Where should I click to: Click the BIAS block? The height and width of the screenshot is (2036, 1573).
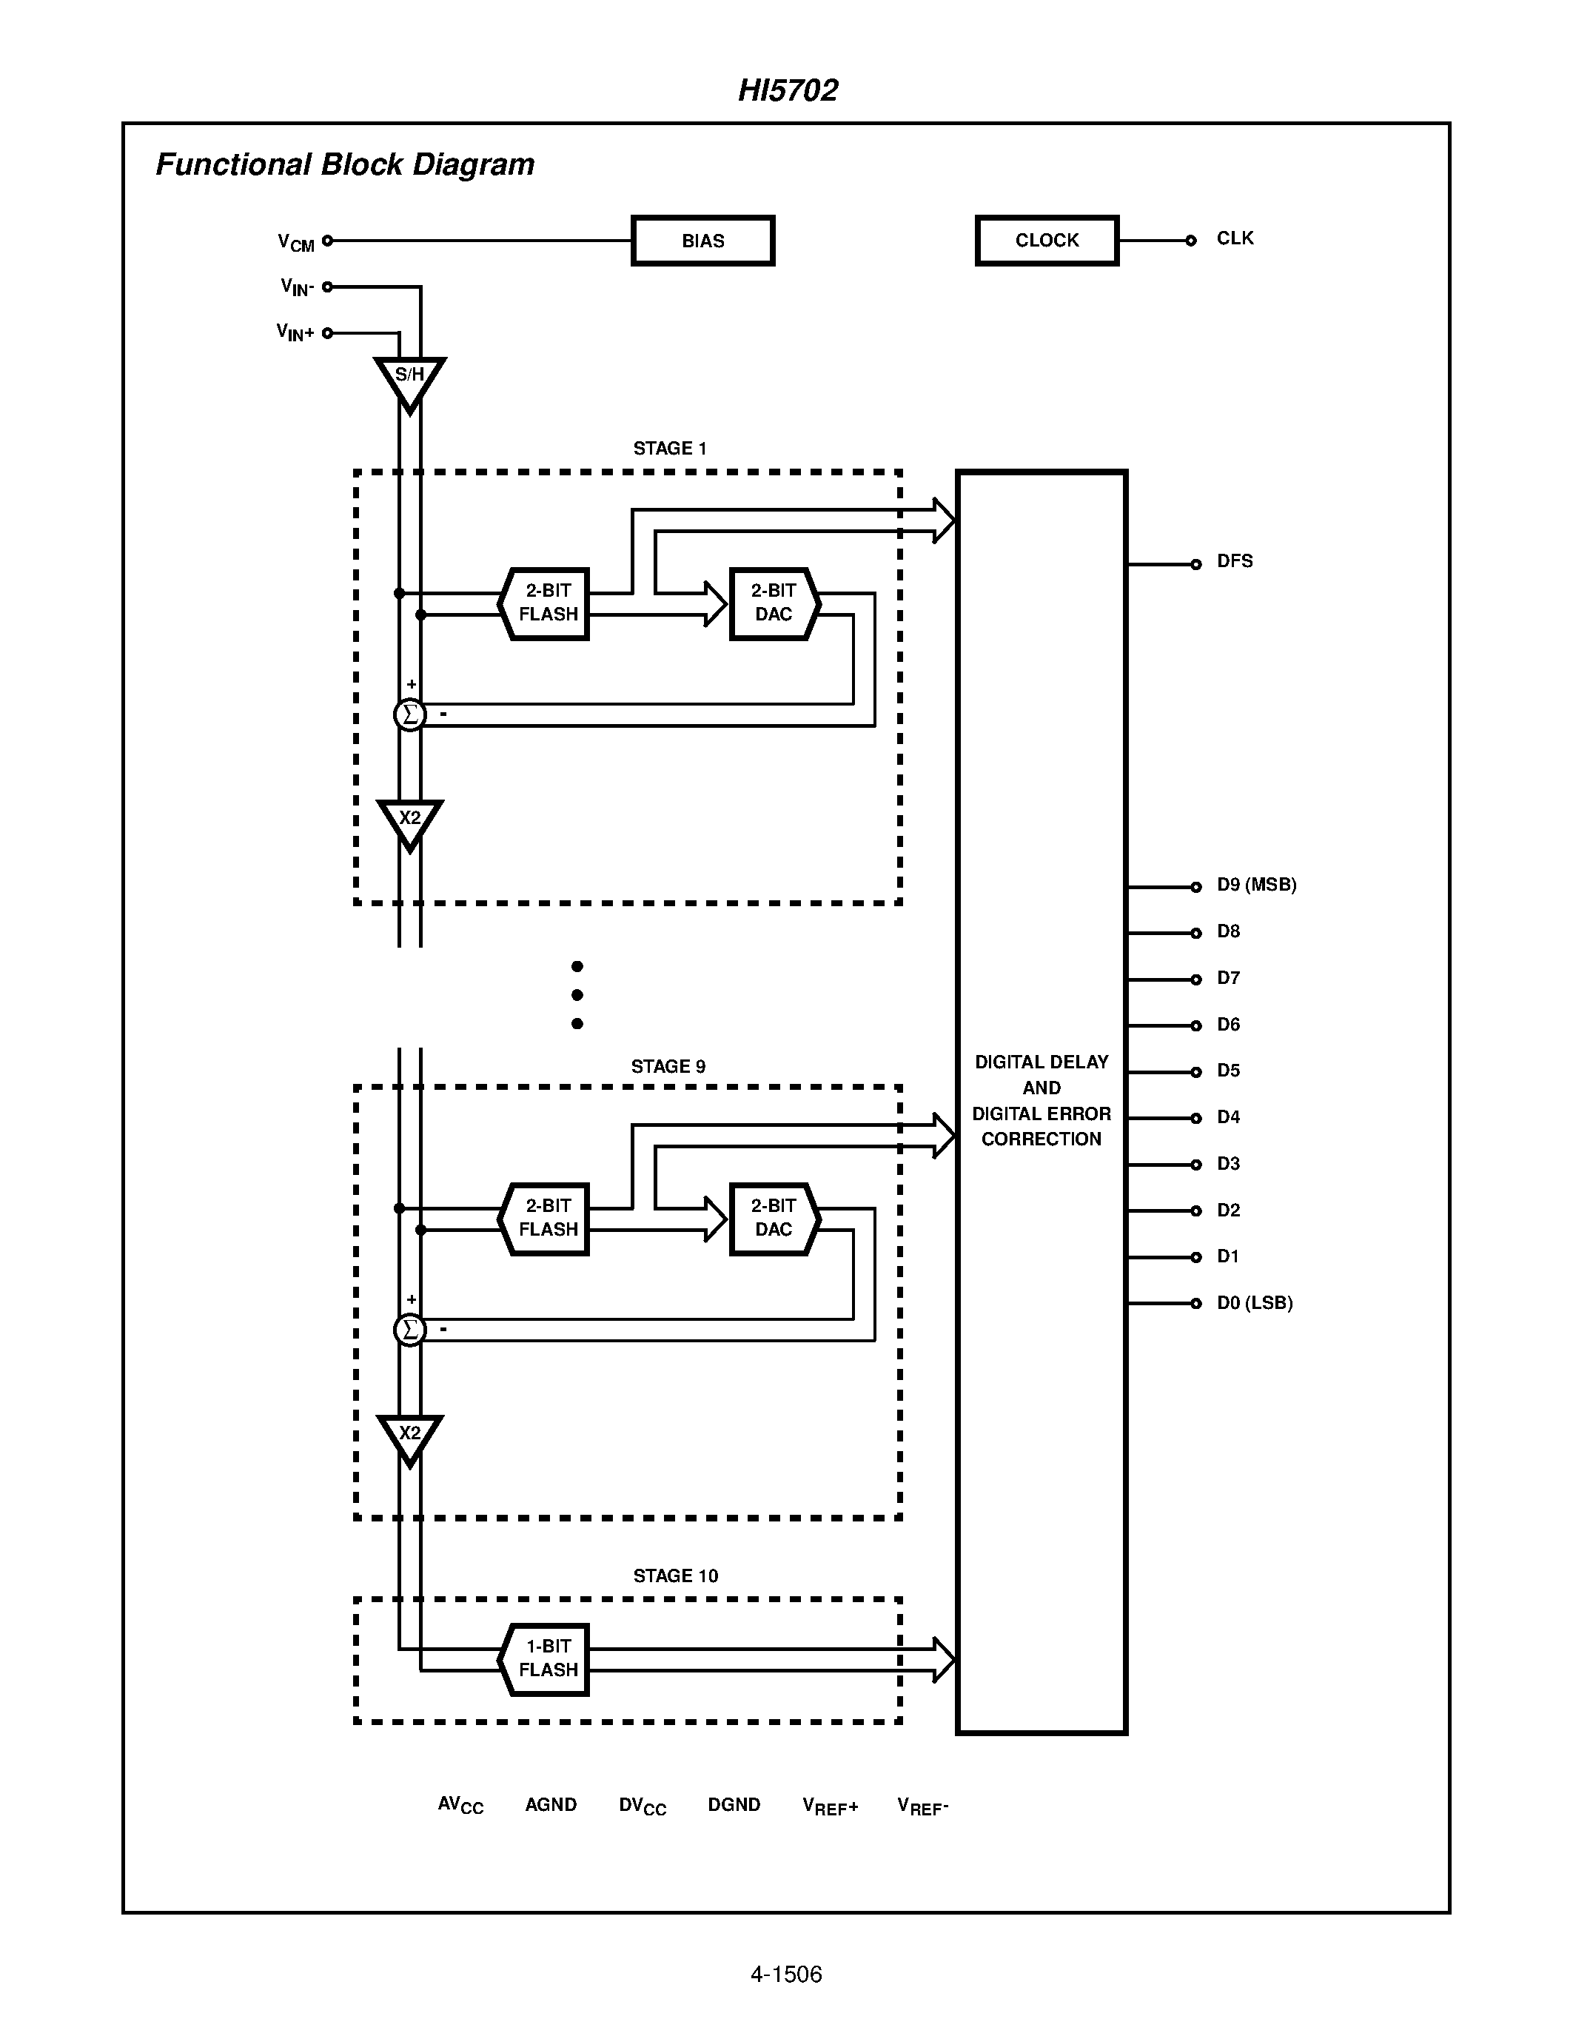coord(702,241)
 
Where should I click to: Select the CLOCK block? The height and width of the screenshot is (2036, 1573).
coord(1047,241)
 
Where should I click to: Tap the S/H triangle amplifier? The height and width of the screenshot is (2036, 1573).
coord(409,381)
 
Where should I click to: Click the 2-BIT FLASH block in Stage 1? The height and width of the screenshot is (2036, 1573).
coord(547,603)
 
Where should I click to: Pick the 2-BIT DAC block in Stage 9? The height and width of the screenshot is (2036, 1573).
coord(774,1219)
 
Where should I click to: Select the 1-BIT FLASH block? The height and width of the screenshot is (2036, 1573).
coord(547,1659)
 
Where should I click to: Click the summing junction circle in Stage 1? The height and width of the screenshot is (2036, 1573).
coord(409,715)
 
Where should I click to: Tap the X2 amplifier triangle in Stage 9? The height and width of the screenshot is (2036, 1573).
coord(409,1436)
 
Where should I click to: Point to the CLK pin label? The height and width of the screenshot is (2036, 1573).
coord(1235,238)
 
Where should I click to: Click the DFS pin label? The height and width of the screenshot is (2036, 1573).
coord(1235,561)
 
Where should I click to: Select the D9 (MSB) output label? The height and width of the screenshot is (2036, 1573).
coord(1256,885)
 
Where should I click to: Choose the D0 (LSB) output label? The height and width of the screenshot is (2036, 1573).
coord(1254,1303)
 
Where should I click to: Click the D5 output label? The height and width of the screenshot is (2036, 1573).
coord(1228,1071)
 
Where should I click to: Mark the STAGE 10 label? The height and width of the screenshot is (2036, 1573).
coord(676,1576)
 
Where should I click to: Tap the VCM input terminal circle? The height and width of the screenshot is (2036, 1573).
coord(327,241)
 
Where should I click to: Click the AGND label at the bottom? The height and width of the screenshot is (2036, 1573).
coord(551,1805)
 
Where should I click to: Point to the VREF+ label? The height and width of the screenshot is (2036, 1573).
coord(829,1806)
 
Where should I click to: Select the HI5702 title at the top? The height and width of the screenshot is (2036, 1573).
coord(788,90)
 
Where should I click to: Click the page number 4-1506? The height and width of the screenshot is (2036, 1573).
coord(785,1975)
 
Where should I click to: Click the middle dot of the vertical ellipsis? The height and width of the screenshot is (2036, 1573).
coord(577,995)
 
